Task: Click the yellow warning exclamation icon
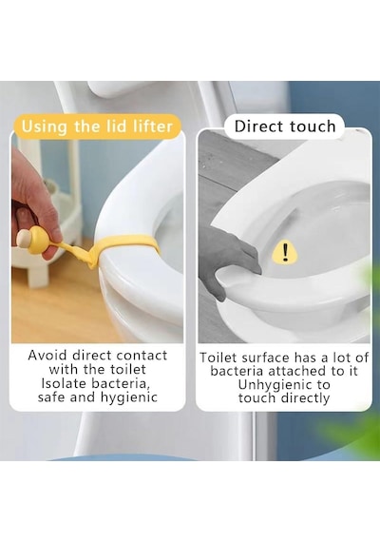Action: coord(285,252)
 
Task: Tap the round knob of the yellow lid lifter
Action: coord(24,238)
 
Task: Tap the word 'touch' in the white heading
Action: coord(313,126)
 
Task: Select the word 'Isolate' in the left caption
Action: coord(64,383)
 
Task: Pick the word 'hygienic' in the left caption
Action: coord(129,397)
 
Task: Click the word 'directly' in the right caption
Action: coord(305,398)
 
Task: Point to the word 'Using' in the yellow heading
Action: coord(45,126)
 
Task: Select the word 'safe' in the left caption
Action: coord(51,397)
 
